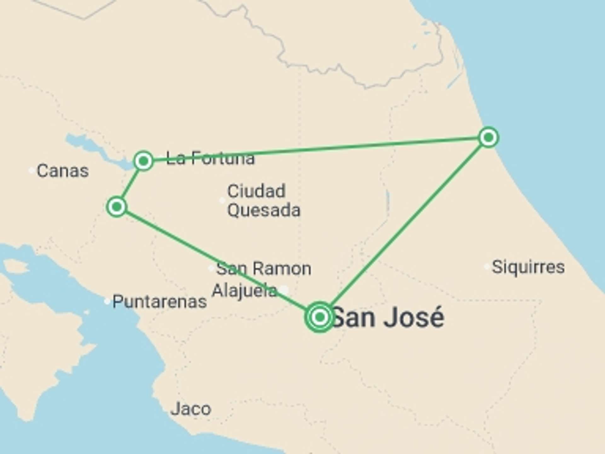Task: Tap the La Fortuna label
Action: [210, 158]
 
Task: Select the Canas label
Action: [62, 171]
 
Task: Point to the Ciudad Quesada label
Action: [263, 201]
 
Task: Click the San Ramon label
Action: [263, 269]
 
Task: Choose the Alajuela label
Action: [245, 290]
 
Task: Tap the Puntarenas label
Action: [159, 301]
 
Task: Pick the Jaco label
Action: [191, 409]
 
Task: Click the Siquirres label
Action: [528, 267]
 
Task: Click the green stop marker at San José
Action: [320, 317]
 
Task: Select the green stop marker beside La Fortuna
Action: [144, 161]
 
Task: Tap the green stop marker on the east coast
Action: [488, 137]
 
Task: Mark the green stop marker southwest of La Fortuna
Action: [117, 207]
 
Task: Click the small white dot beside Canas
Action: [32, 171]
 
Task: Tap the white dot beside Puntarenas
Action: [107, 301]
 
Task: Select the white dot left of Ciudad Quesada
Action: [222, 200]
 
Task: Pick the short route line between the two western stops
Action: [130, 184]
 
